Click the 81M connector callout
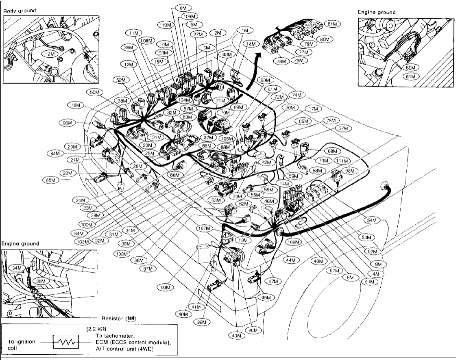[333, 24]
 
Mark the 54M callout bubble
[372, 220]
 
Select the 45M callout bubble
[266, 297]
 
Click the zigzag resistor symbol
[65, 342]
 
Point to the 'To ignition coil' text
[21, 345]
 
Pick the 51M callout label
[369, 281]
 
